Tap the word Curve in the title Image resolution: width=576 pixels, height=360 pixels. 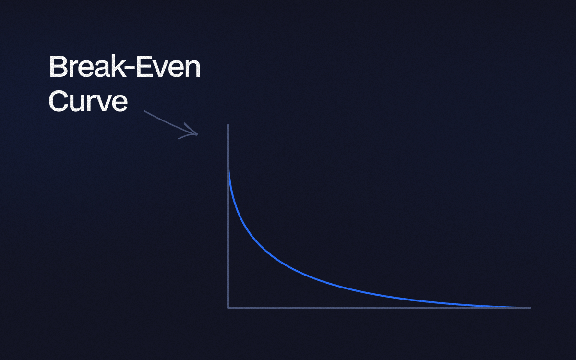point(88,101)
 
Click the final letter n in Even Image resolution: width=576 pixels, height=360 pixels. point(192,70)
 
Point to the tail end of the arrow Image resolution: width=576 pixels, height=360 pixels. point(144,111)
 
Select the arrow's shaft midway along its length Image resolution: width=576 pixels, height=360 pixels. point(170,123)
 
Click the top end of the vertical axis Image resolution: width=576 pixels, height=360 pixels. point(228,125)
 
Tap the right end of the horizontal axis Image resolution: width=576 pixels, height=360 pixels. point(530,308)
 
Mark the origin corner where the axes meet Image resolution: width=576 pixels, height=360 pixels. point(228,308)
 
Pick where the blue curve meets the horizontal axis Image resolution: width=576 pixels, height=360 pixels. point(514,307)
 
